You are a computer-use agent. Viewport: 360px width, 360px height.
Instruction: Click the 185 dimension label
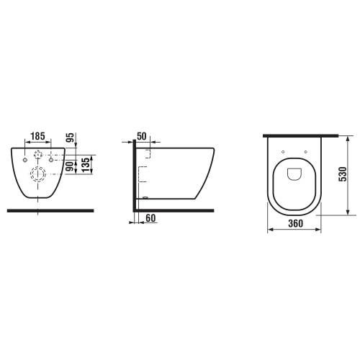tap(38, 134)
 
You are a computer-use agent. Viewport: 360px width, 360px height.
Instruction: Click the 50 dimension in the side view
tap(141, 135)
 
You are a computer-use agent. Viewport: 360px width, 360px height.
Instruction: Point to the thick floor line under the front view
tap(50, 210)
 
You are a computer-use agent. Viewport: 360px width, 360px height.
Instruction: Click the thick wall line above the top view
tap(301, 135)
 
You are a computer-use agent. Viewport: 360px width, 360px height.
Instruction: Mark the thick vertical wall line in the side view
tap(133, 176)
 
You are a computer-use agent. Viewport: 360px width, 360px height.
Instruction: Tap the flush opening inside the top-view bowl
tap(295, 174)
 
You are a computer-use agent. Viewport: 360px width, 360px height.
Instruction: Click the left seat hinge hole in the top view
tap(284, 152)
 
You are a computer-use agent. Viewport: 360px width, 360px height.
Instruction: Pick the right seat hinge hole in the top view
tap(305, 152)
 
